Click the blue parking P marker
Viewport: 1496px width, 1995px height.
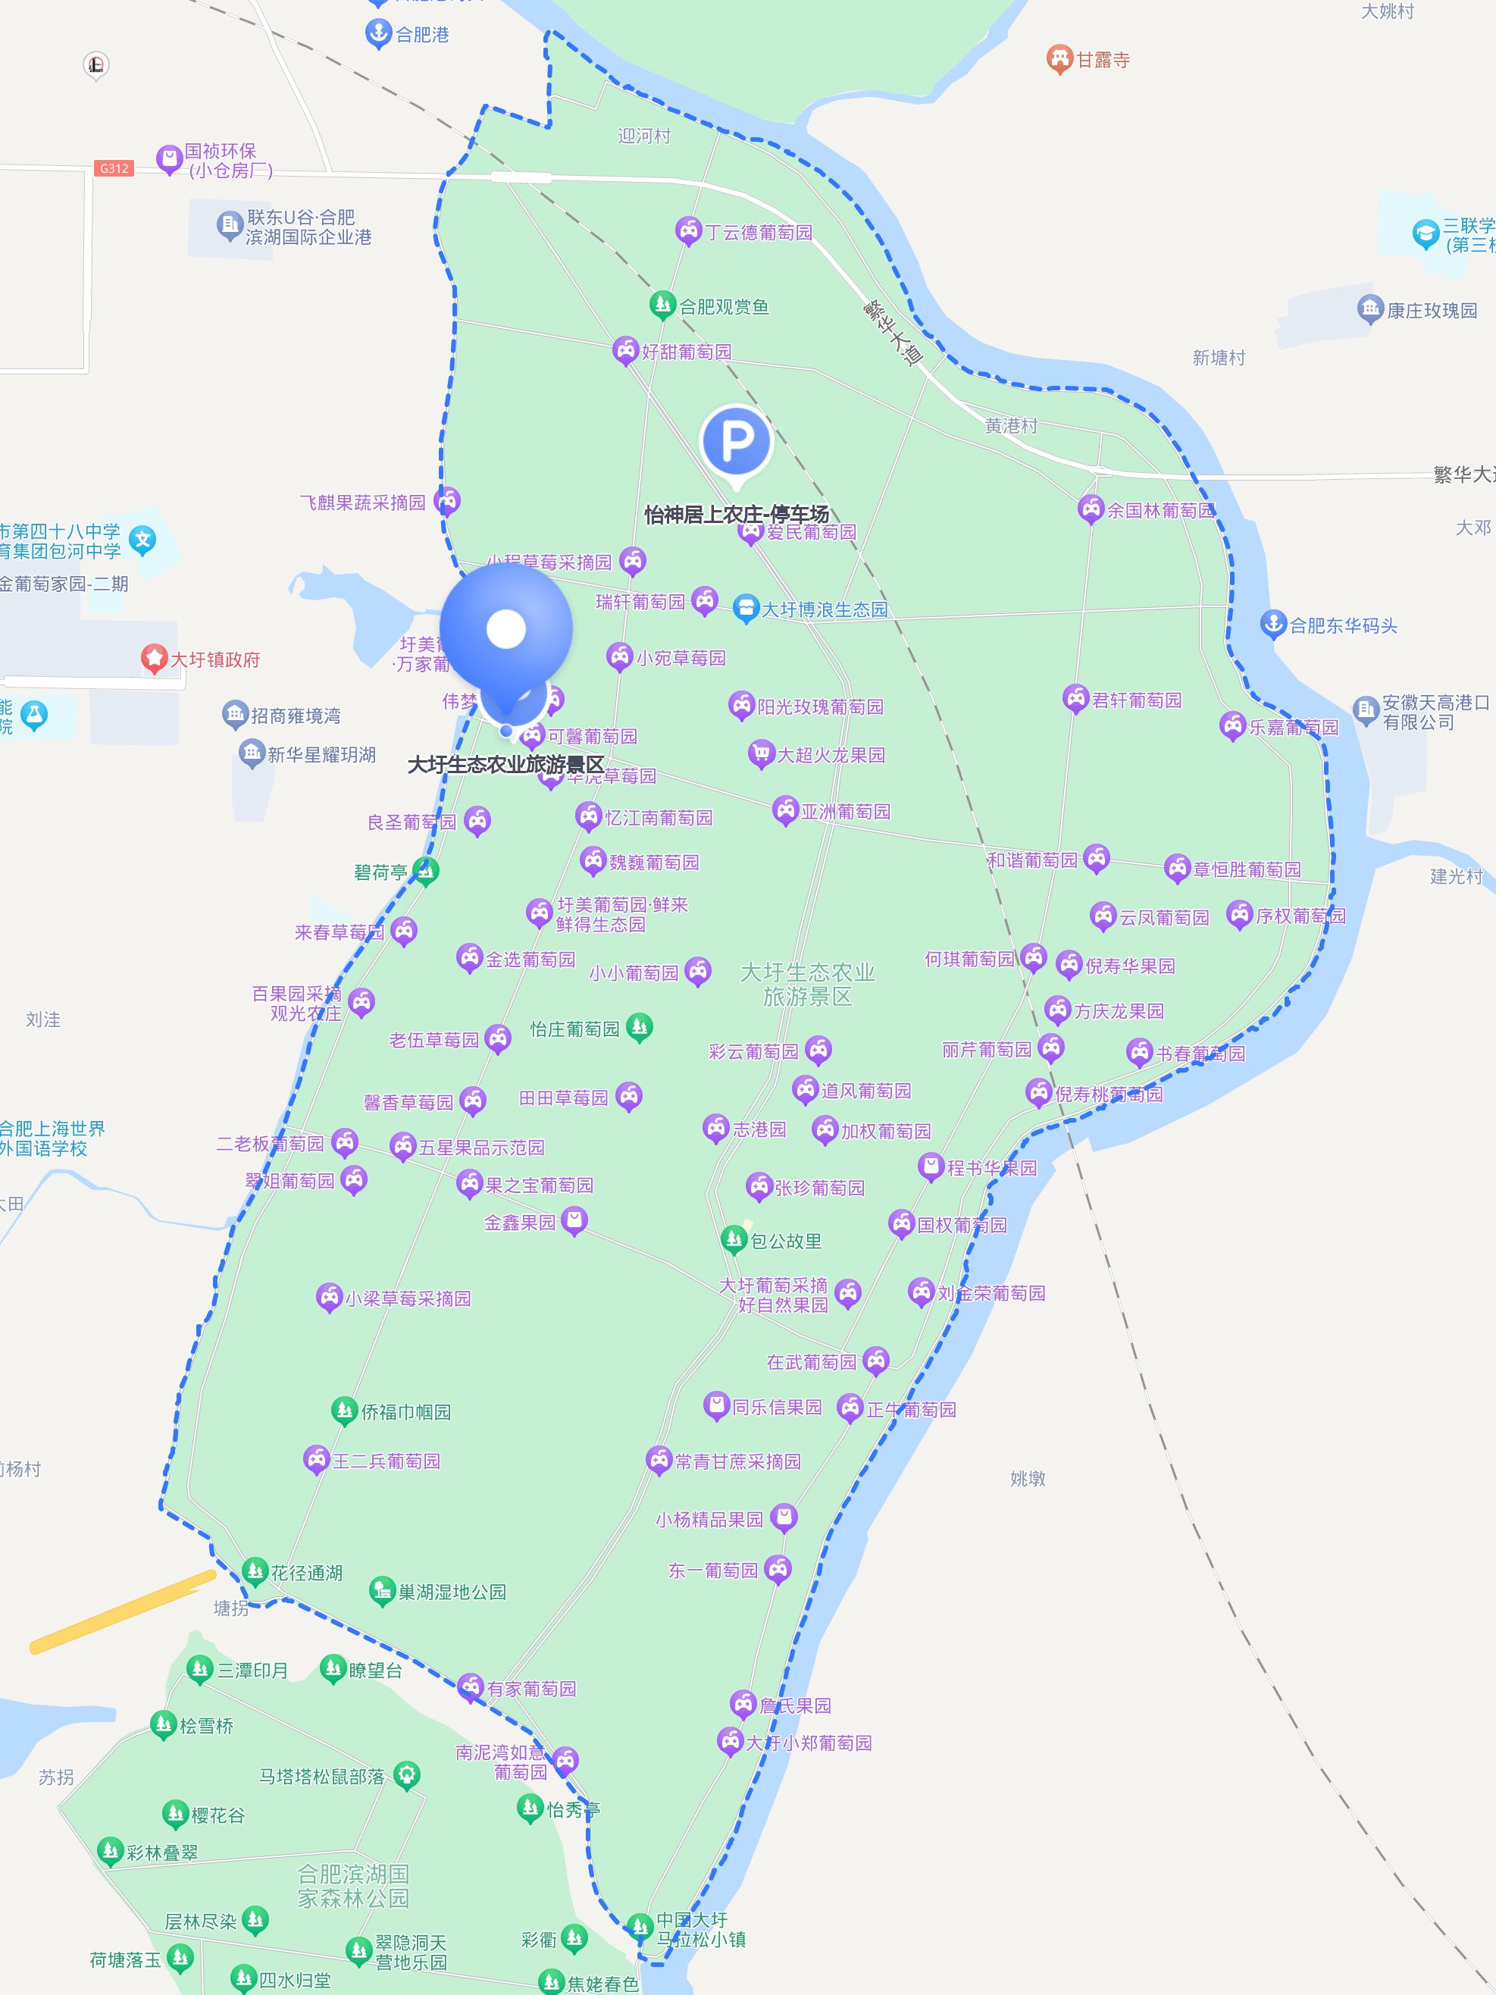click(736, 441)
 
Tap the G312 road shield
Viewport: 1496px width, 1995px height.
click(114, 169)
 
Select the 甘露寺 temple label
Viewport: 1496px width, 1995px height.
click(1102, 61)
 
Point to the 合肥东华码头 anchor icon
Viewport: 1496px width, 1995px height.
click(1272, 623)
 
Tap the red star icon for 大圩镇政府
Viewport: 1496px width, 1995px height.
click(154, 659)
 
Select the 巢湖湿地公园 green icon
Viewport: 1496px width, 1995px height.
click(383, 1590)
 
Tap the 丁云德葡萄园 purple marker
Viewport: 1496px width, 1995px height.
click(688, 231)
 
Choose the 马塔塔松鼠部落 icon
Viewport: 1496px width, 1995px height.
click(407, 1775)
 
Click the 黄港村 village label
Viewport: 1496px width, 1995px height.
click(1011, 426)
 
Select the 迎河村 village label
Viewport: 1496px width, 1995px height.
click(644, 136)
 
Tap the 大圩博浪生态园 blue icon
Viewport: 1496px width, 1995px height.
click(745, 609)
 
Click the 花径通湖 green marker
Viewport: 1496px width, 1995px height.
click(255, 1571)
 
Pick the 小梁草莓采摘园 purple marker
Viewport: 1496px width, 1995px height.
click(329, 1297)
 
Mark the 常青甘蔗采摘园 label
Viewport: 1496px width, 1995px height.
click(737, 1461)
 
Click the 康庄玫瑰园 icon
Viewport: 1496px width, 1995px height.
click(1369, 309)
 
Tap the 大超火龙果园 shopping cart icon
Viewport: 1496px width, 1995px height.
click(761, 753)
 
